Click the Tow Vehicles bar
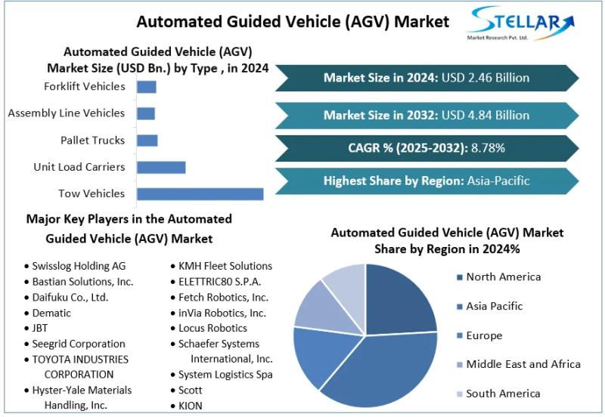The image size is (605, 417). [200, 193]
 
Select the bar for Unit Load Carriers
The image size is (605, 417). [160, 167]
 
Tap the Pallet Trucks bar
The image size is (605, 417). [147, 141]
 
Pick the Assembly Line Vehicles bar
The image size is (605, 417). [145, 113]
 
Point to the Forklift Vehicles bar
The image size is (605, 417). [146, 87]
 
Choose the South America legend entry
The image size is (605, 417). [503, 394]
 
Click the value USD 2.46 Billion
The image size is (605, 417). [486, 78]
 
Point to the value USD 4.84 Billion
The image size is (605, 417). [486, 116]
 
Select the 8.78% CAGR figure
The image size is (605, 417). [488, 147]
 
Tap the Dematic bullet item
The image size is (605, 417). [51, 313]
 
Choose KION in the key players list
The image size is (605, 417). [191, 406]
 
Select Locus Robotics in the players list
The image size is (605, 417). [213, 329]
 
